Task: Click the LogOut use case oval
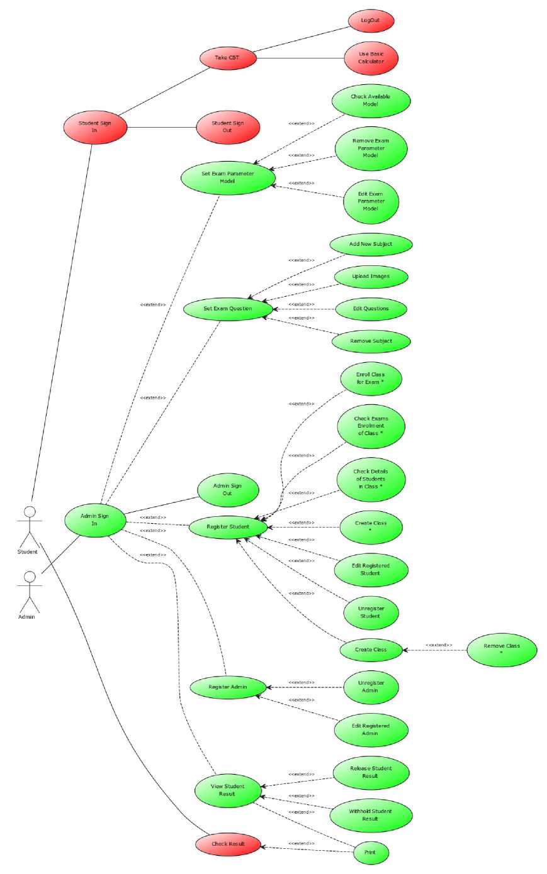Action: click(371, 21)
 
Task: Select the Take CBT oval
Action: click(228, 58)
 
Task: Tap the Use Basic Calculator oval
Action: click(371, 58)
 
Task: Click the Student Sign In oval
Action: click(95, 127)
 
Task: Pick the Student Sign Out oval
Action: click(228, 127)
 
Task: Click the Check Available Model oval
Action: click(371, 101)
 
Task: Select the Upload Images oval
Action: click(371, 277)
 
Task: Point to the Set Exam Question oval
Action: click(228, 309)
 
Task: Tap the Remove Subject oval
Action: click(371, 341)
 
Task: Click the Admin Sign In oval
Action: click(95, 520)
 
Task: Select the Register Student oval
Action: click(228, 527)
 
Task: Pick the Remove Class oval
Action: click(502, 650)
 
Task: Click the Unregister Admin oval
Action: click(371, 687)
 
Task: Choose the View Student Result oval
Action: click(228, 790)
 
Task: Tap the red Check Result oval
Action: click(228, 844)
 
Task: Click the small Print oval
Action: click(370, 853)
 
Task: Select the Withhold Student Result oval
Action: click(371, 816)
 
